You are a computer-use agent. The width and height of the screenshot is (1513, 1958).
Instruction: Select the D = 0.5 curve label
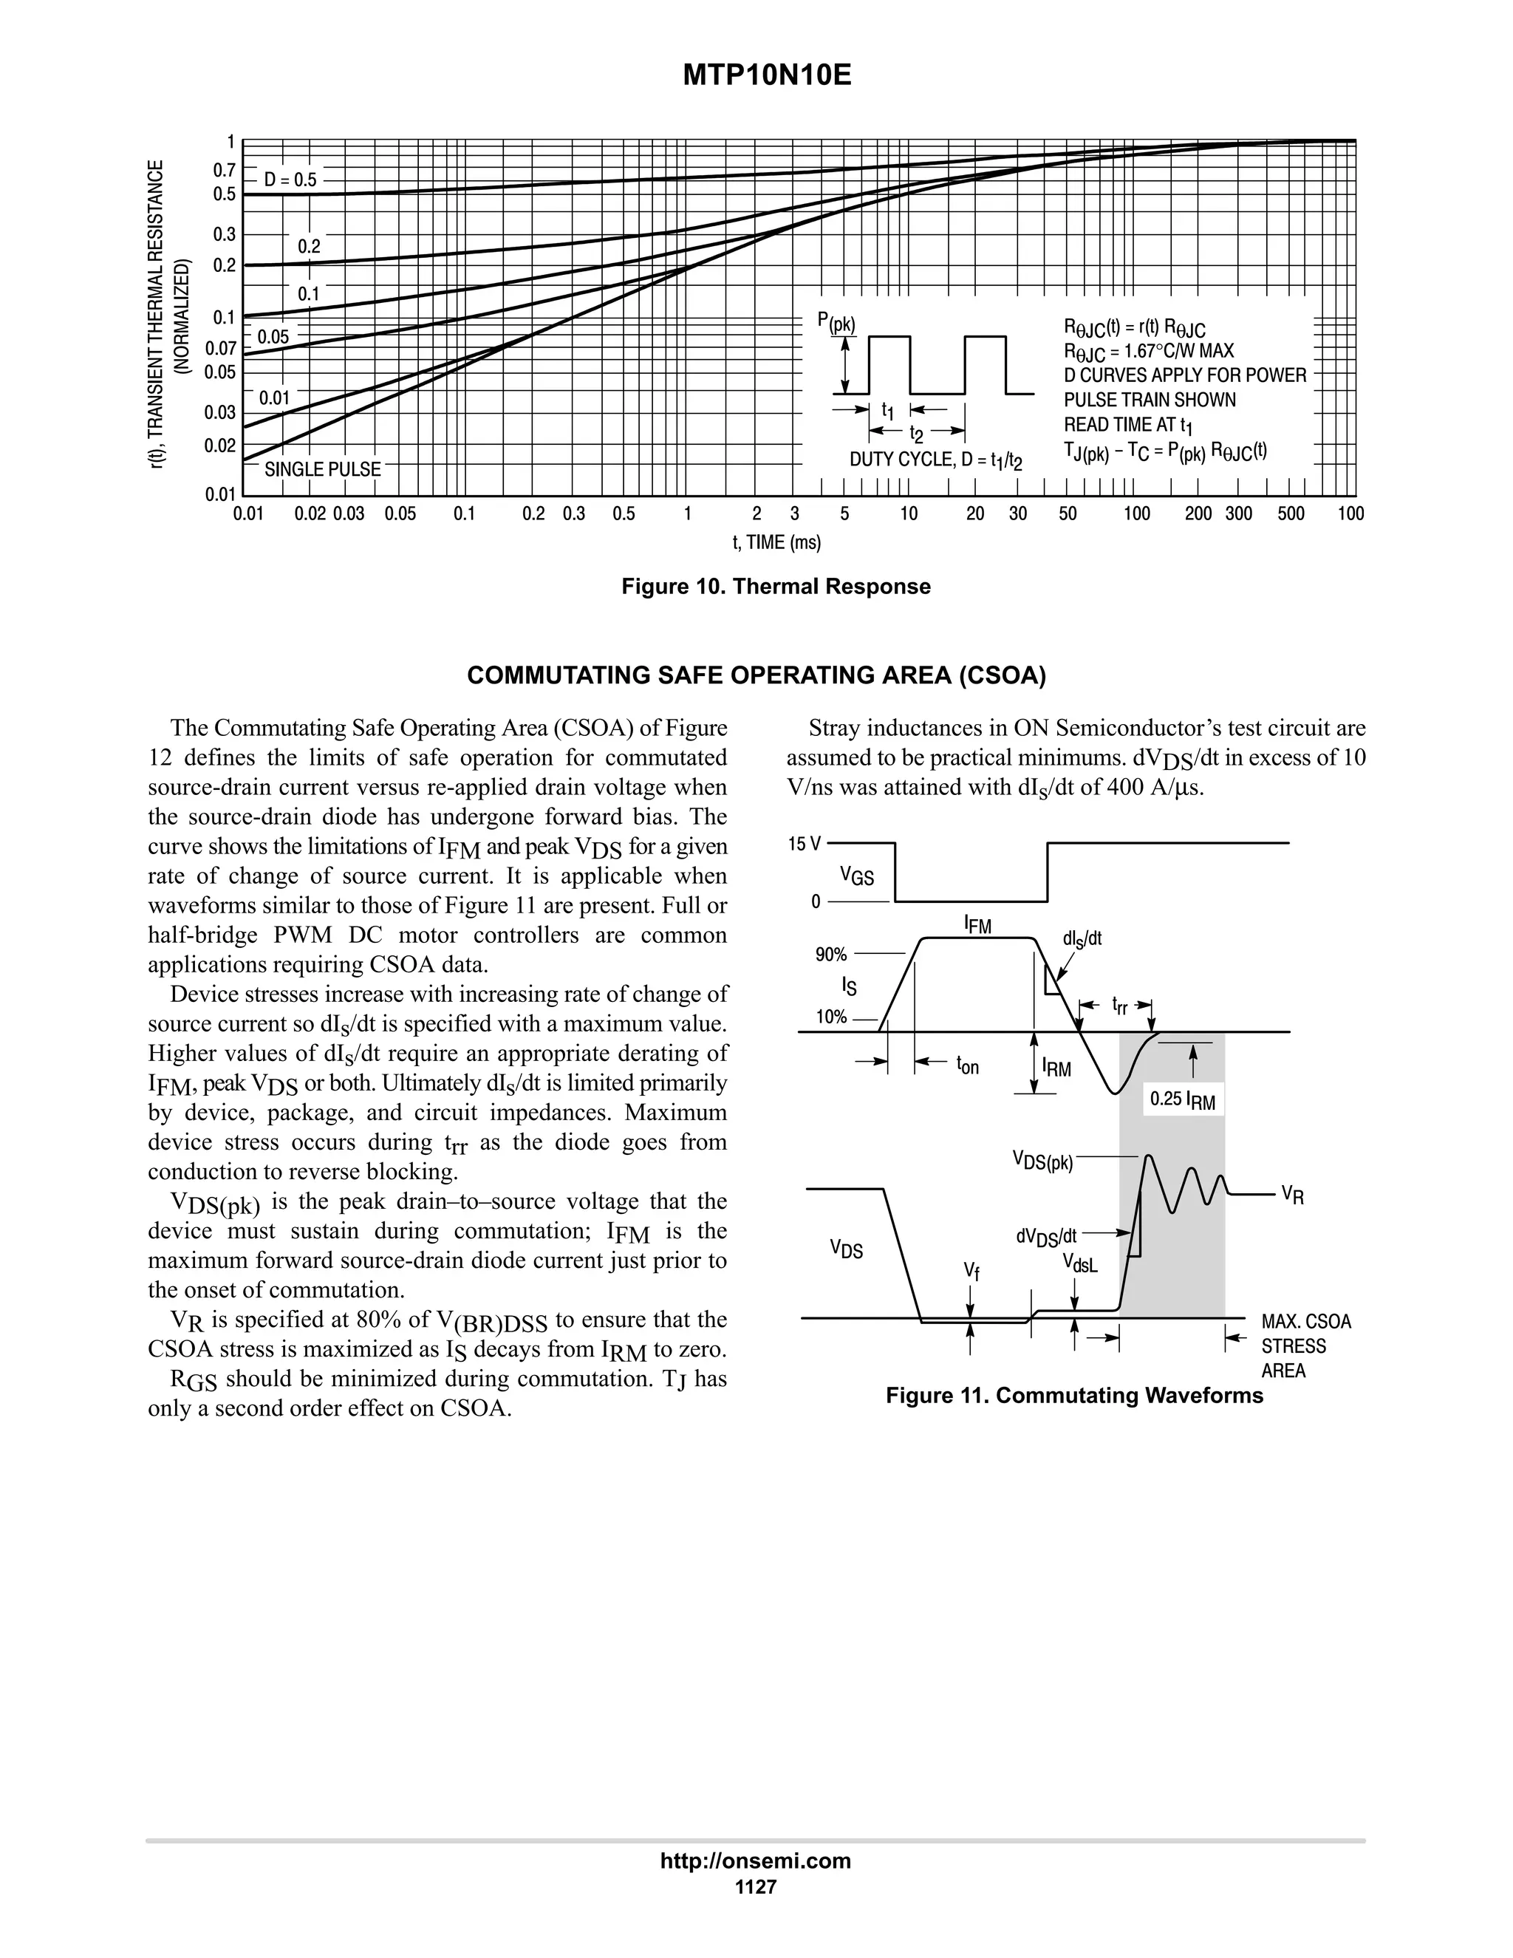(x=290, y=180)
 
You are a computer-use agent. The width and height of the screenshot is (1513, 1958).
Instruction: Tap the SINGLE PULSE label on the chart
(x=322, y=469)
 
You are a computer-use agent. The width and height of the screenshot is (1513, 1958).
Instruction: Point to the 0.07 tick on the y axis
(x=220, y=348)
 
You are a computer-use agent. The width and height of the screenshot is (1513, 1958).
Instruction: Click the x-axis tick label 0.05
(x=400, y=514)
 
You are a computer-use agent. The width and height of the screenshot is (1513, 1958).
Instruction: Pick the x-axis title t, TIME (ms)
(x=776, y=542)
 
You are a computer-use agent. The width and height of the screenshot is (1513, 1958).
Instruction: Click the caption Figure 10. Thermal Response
(x=776, y=587)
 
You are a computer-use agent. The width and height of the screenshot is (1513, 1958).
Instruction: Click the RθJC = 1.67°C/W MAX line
(x=1148, y=350)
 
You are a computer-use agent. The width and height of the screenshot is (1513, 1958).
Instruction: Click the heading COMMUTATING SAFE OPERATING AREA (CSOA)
(x=756, y=675)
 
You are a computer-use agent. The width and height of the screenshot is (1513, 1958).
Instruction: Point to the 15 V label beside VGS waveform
(x=804, y=844)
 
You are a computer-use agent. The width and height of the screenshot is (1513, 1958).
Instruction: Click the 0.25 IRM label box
(x=1181, y=1099)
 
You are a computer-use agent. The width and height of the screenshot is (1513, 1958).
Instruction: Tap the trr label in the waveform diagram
(x=1119, y=1004)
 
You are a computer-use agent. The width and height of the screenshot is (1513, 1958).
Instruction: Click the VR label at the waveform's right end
(x=1291, y=1194)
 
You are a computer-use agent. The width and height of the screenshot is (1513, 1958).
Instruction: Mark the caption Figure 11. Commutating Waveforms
(x=1073, y=1395)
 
